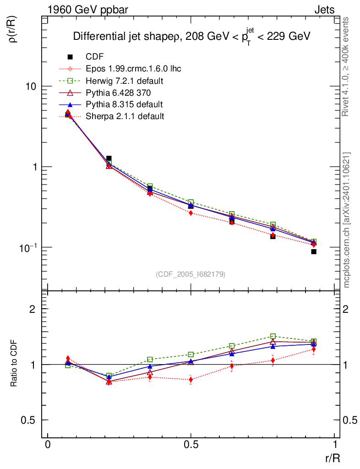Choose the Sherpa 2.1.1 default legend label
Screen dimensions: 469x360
pyautogui.click(x=125, y=116)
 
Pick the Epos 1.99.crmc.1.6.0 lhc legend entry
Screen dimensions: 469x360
pyautogui.click(x=133, y=69)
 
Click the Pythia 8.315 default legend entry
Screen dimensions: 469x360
pyautogui.click(x=124, y=104)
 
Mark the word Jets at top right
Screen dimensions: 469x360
pyautogui.click(x=324, y=10)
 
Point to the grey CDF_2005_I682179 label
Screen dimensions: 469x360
pyautogui.click(x=191, y=274)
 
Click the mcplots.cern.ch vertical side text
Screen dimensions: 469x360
pyautogui.click(x=347, y=220)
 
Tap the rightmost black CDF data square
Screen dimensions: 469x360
pyautogui.click(x=314, y=251)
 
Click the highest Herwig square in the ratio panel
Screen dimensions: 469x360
pyautogui.click(x=273, y=336)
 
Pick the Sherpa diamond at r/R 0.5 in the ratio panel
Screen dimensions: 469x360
pyautogui.click(x=191, y=380)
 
